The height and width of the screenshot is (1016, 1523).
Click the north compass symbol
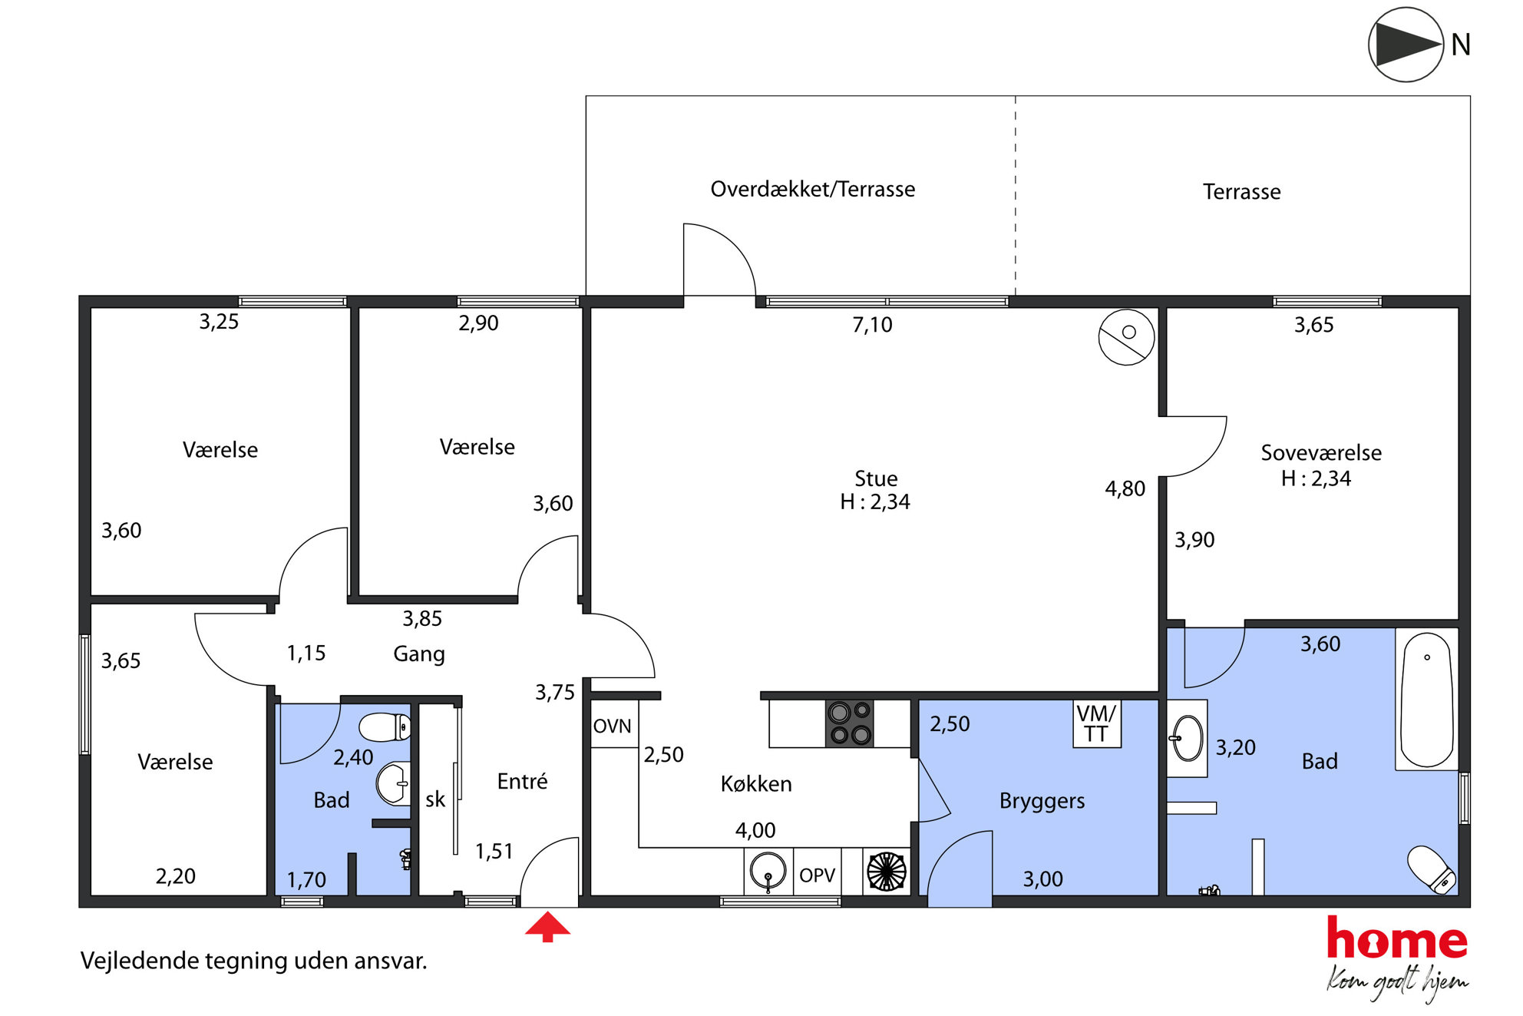tap(1406, 45)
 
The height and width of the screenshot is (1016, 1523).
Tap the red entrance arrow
tap(547, 926)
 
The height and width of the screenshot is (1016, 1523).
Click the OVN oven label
tap(612, 726)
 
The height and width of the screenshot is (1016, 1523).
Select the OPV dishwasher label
tap(817, 875)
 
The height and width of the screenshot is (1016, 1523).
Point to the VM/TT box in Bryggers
tap(1096, 723)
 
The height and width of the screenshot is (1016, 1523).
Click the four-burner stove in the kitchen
tap(850, 723)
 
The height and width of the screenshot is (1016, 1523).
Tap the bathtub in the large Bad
tap(1426, 700)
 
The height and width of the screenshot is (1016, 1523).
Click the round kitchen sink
tap(768, 872)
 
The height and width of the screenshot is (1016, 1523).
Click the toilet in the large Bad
tap(1431, 870)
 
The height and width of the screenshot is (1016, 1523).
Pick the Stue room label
tap(876, 478)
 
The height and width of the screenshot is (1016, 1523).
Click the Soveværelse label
tap(1321, 452)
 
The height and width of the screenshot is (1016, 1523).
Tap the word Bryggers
tap(1042, 801)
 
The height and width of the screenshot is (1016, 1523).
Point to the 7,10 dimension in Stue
tap(872, 325)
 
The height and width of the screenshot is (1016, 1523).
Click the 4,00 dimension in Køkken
tap(755, 830)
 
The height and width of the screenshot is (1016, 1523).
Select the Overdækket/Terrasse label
tap(812, 189)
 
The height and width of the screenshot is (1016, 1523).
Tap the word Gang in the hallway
tap(419, 654)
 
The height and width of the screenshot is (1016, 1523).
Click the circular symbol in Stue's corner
tap(1126, 336)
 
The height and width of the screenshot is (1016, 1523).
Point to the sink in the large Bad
tap(1187, 738)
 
